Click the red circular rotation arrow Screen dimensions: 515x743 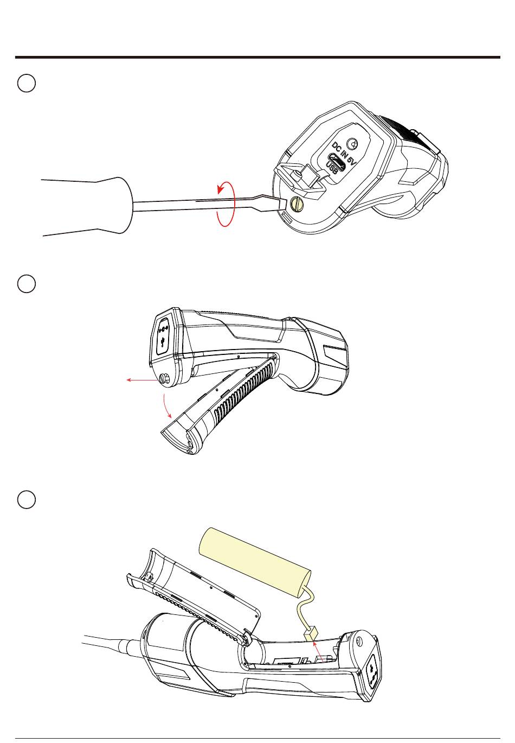pyautogui.click(x=226, y=204)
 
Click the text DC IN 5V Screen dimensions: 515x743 pyautogui.click(x=344, y=154)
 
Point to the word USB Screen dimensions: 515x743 pyautogui.click(x=332, y=168)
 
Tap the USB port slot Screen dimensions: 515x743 pyautogui.click(x=337, y=162)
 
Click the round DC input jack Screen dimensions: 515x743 pyautogui.click(x=352, y=144)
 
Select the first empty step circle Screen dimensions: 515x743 pyautogui.click(x=27, y=83)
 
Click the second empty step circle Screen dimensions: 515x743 pyautogui.click(x=27, y=284)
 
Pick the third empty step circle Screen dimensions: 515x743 pyautogui.click(x=27, y=499)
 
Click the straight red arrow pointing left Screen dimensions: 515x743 pyautogui.click(x=143, y=380)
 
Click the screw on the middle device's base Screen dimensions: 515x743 pyautogui.click(x=164, y=378)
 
